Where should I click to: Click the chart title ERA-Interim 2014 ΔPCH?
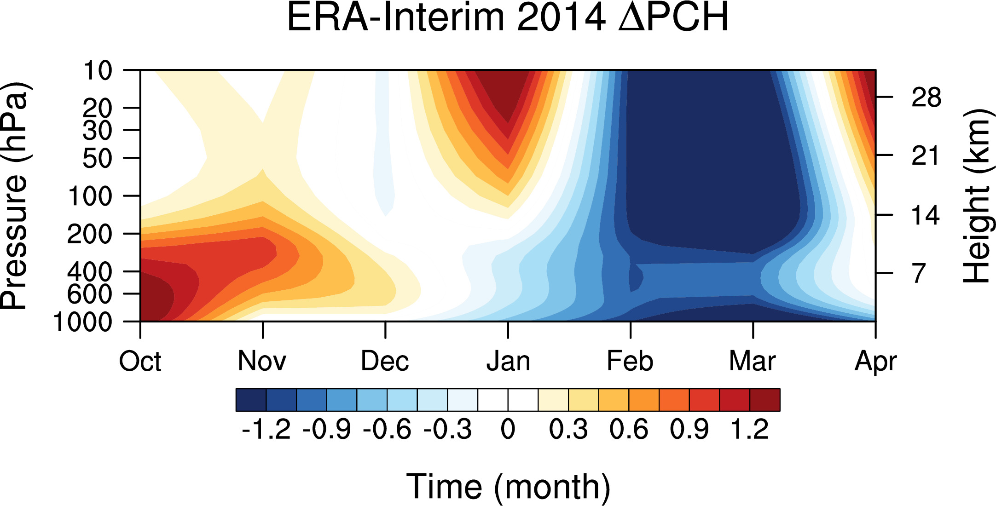[508, 17]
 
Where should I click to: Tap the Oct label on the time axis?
[140, 362]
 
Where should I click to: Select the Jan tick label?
[508, 362]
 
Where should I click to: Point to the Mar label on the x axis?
[753, 362]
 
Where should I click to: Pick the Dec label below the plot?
[385, 362]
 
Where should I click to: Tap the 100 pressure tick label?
[90, 196]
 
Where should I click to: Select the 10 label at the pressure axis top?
[98, 71]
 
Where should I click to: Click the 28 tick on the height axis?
[926, 98]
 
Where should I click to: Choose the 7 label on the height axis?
[919, 273]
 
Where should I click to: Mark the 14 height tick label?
[926, 215]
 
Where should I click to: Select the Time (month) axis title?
[508, 487]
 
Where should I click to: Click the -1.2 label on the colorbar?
[266, 430]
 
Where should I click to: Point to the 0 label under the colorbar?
[508, 430]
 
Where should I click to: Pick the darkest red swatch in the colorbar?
[765, 400]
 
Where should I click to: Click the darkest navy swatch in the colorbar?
[251, 400]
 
